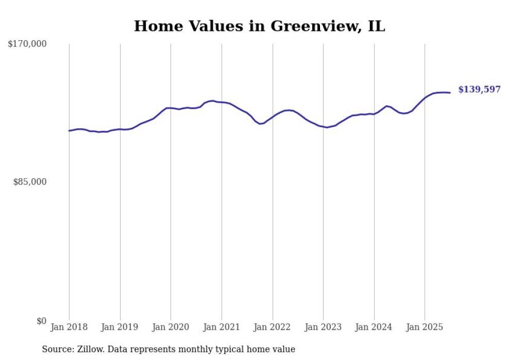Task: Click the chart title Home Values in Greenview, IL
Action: coord(259,26)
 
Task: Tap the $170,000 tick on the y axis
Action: coord(27,44)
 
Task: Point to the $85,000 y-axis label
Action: coord(30,182)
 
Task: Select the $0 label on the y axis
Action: coord(41,321)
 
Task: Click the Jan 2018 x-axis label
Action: coord(69,327)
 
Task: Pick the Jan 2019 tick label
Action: coord(120,327)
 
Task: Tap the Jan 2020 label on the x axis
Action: coord(171,327)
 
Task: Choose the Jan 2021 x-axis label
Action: coord(222,327)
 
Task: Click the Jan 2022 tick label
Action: coord(273,327)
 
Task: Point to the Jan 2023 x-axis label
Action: coord(323,327)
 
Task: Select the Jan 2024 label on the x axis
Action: coord(374,327)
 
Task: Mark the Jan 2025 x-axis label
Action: coord(425,327)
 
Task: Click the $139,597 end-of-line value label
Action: coord(479,90)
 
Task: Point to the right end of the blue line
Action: coord(450,93)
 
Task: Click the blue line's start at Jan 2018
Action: coord(69,131)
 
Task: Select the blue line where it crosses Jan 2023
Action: coord(323,126)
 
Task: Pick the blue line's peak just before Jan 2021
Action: coord(212,100)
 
